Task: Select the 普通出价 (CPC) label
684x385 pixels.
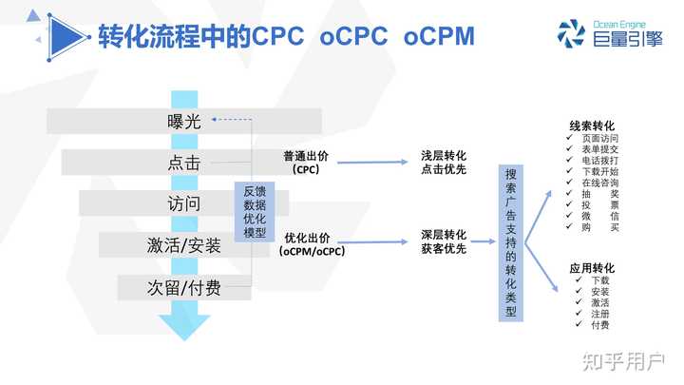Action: tap(306, 162)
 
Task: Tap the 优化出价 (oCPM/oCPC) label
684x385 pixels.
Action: tap(312, 243)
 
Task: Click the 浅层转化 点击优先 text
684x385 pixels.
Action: tap(443, 162)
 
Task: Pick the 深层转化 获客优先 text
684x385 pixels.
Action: tap(443, 241)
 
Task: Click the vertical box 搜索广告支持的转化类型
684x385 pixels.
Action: tap(513, 242)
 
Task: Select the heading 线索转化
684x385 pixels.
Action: tap(592, 125)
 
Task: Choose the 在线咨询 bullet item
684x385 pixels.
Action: tap(600, 183)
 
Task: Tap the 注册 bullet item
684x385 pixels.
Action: tap(600, 313)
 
